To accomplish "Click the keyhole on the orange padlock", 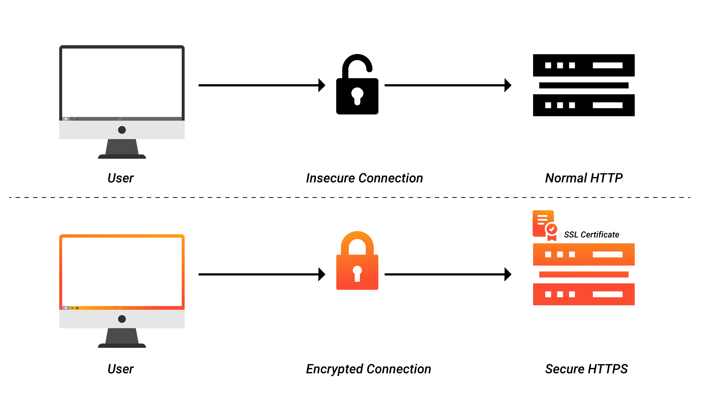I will [357, 272].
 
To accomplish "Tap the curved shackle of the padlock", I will [357, 237].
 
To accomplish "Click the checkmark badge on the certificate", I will [552, 229].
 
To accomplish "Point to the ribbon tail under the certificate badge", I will [552, 238].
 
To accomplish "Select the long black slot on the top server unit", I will [607, 254].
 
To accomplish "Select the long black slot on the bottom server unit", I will [607, 294].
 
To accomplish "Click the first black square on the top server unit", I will [548, 254].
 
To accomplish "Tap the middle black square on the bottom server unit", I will [560, 294].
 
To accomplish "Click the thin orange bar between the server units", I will [584, 274].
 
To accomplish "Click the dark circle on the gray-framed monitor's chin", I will [122, 130].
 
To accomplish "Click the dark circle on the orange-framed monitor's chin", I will [122, 319].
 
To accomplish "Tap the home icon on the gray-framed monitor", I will [66, 119].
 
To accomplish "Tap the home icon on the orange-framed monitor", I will [66, 308].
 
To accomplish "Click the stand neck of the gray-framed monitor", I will [122, 147].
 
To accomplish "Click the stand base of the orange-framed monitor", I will [122, 345].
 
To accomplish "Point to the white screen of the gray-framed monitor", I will [122, 82].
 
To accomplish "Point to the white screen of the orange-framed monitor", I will [122, 271].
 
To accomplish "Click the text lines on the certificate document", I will [542, 219].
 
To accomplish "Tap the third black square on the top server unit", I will [572, 254].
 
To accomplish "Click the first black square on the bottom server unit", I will [548, 294].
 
